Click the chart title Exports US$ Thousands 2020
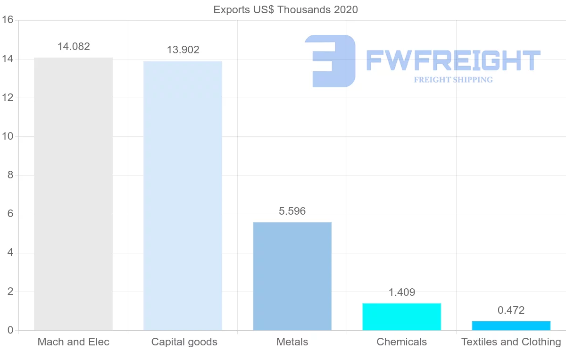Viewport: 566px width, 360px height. pyautogui.click(x=285, y=9)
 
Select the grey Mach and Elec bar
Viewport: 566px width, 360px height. pyautogui.click(x=73, y=193)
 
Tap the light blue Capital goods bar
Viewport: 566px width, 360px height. pyautogui.click(x=183, y=195)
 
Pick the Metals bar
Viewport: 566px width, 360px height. pyautogui.click(x=292, y=276)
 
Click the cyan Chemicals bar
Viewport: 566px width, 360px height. pyautogui.click(x=401, y=317)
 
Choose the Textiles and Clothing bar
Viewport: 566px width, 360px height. pyautogui.click(x=511, y=326)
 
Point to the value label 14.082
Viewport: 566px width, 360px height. pyautogui.click(x=74, y=46)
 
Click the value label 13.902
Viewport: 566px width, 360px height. pyautogui.click(x=183, y=50)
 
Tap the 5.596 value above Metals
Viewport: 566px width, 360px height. pyautogui.click(x=292, y=211)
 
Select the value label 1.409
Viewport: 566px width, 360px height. pyautogui.click(x=401, y=292)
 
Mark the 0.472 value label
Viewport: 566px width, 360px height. pyautogui.click(x=511, y=310)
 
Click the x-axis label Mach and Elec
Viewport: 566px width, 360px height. pyautogui.click(x=73, y=342)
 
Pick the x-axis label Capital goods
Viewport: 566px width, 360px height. pyautogui.click(x=184, y=342)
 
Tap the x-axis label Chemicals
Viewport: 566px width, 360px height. pyautogui.click(x=401, y=342)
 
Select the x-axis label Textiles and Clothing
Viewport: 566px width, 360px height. pyautogui.click(x=511, y=342)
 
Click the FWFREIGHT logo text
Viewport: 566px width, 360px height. pyautogui.click(x=453, y=61)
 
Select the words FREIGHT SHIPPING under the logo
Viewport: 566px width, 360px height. pyautogui.click(x=453, y=80)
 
